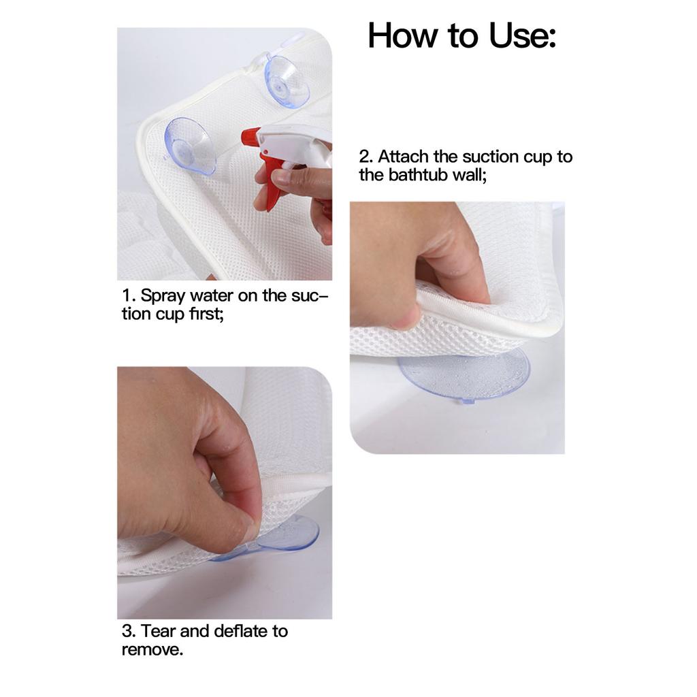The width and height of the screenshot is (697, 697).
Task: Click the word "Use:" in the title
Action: (522, 35)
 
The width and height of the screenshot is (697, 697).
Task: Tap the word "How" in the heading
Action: (403, 35)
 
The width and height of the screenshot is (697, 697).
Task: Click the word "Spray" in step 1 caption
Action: (163, 296)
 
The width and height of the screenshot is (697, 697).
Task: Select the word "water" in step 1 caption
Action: (212, 295)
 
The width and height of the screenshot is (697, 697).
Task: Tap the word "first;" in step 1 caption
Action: (206, 314)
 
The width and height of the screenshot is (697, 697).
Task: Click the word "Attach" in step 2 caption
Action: (403, 157)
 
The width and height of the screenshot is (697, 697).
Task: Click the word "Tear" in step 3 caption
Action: (158, 631)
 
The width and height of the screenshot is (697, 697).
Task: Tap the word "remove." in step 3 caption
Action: (152, 650)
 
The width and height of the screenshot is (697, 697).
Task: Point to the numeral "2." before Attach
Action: (366, 157)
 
